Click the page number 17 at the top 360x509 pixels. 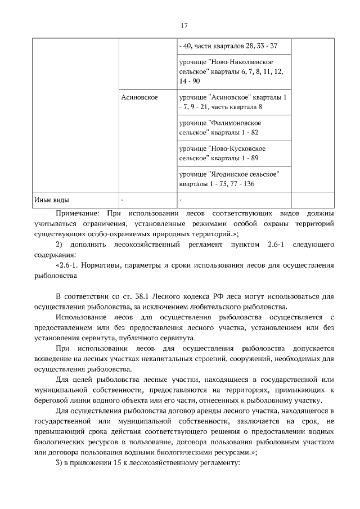pos(183,26)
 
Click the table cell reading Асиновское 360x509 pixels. pos(139,97)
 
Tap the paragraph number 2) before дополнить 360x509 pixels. pos(60,245)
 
